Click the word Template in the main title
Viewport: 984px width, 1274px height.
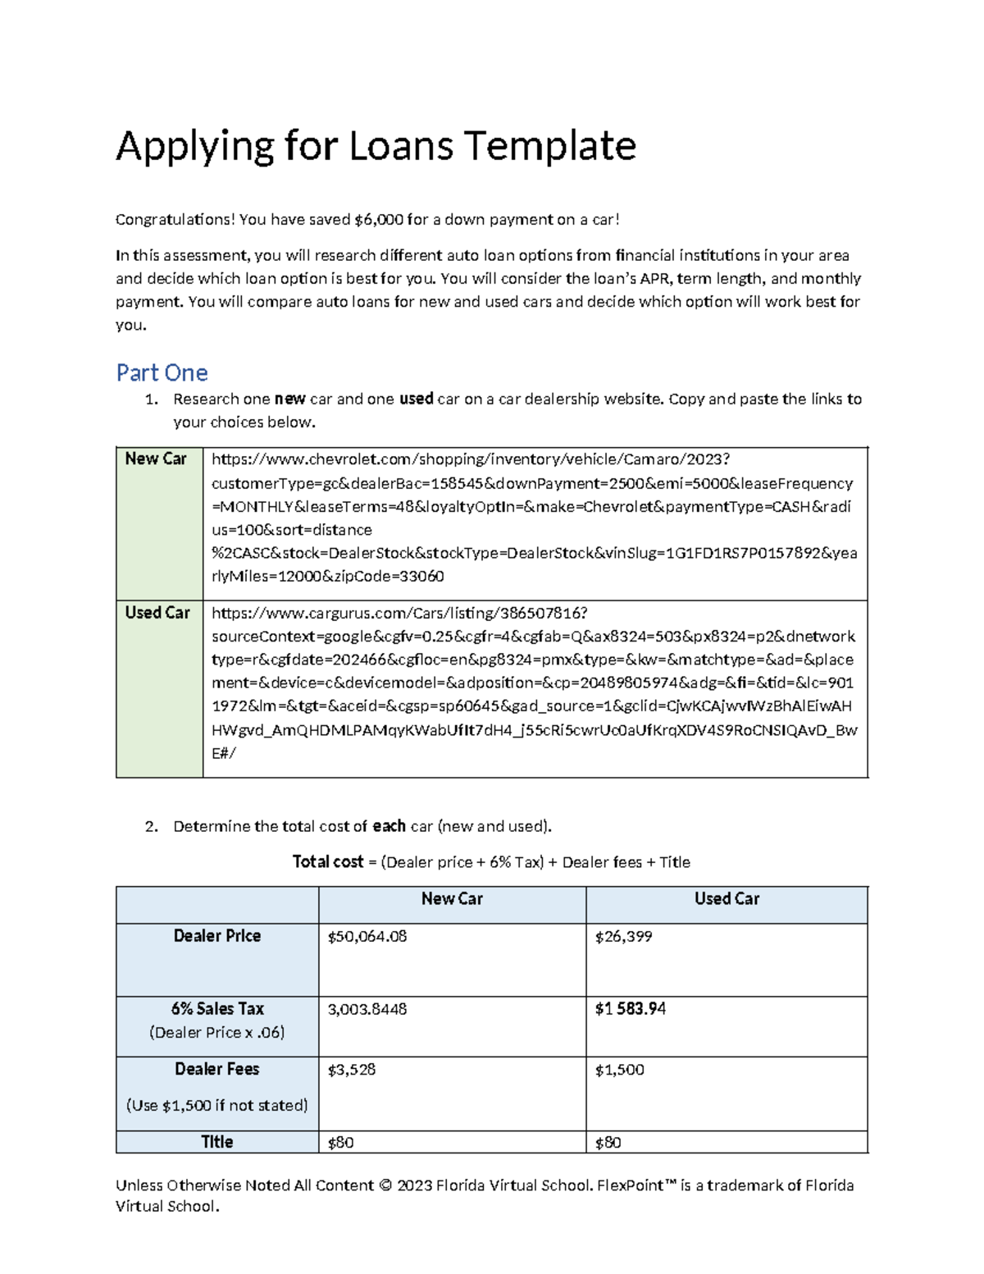pos(549,147)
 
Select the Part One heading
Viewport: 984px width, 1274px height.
pos(162,372)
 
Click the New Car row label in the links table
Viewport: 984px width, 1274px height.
pos(156,459)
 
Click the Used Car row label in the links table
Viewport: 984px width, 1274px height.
pos(157,613)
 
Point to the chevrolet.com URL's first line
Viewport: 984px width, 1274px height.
pos(470,459)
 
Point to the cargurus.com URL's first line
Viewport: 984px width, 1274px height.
pos(399,613)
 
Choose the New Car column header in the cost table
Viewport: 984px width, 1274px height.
pos(452,899)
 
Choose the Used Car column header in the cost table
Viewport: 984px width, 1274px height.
pos(727,899)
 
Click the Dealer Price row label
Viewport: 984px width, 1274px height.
pos(216,936)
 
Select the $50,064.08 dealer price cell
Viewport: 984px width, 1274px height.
pos(367,937)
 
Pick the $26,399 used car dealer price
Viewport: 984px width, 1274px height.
pos(623,937)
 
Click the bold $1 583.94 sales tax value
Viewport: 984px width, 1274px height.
pos(630,1009)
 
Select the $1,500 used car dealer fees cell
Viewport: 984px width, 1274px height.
pos(619,1070)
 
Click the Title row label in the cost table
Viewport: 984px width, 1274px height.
pos(216,1142)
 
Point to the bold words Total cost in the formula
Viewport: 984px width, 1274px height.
pos(328,862)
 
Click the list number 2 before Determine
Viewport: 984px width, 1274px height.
pos(150,827)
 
